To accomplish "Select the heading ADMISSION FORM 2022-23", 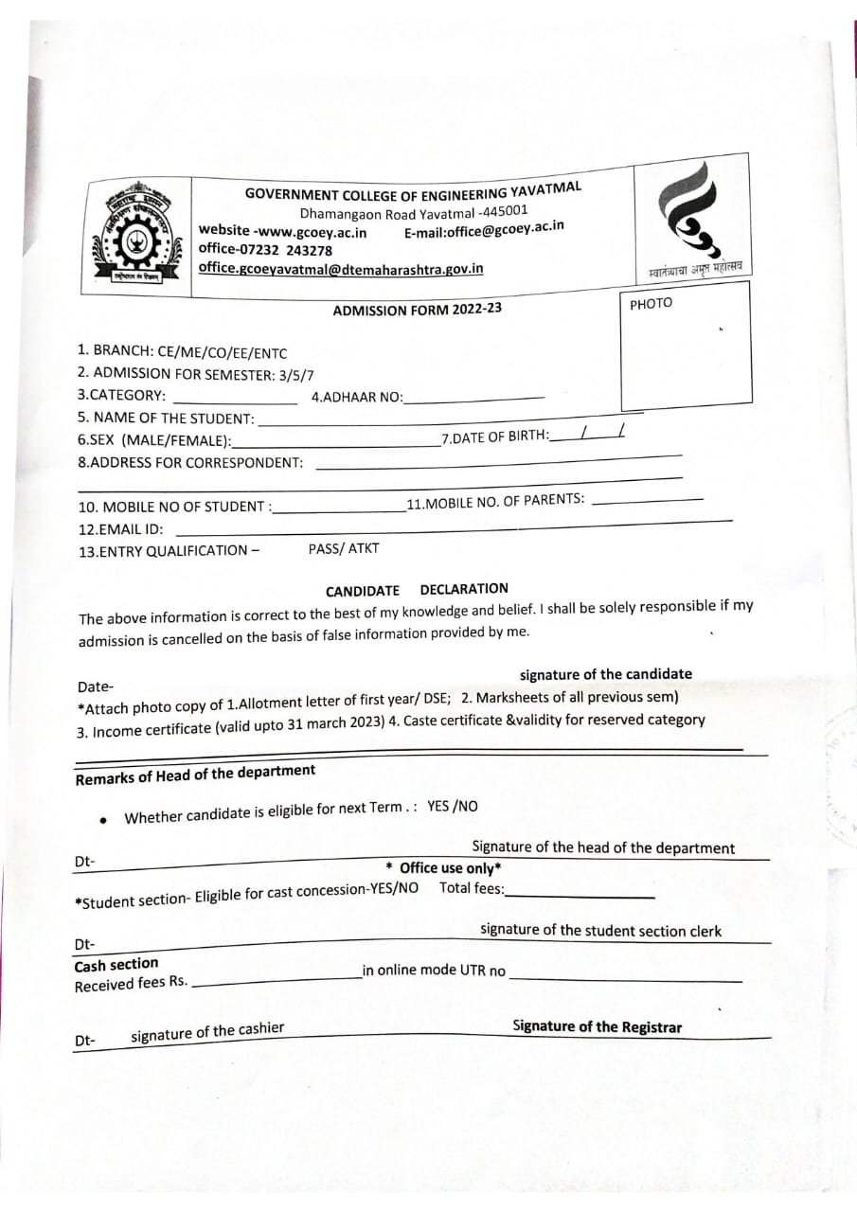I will pyautogui.click(x=417, y=310).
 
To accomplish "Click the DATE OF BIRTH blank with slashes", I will pyautogui.click(x=587, y=435).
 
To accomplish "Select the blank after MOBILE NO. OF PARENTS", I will pyautogui.click(x=647, y=500).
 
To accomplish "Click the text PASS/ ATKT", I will pyautogui.click(x=343, y=548).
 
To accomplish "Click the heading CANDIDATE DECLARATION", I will pyautogui.click(x=417, y=590).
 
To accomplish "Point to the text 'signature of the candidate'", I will pyautogui.click(x=605, y=674).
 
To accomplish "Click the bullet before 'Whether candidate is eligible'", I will pyautogui.click(x=102, y=820).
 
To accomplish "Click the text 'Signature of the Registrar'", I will pyautogui.click(x=597, y=1027).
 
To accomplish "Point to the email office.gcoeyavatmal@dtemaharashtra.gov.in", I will pyautogui.click(x=340, y=269).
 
